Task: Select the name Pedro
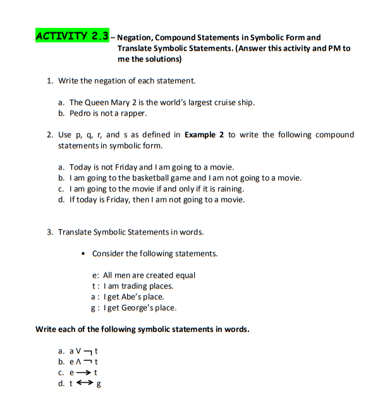[80, 113]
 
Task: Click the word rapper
[135, 113]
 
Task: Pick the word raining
[230, 188]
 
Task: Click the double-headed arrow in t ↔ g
[84, 383]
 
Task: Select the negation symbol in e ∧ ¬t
[89, 362]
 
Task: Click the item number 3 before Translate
[49, 232]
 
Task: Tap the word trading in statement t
[132, 286]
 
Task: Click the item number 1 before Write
[49, 81]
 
